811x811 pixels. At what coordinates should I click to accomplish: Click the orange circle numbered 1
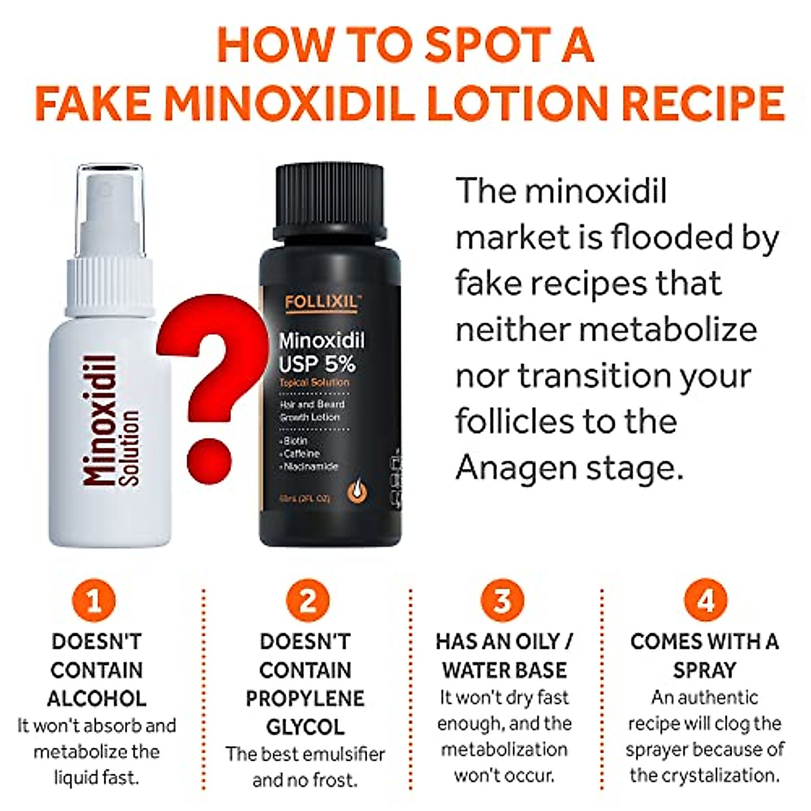[x=93, y=600]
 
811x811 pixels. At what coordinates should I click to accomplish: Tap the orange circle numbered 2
[x=307, y=600]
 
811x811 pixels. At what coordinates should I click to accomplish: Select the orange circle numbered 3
[x=501, y=600]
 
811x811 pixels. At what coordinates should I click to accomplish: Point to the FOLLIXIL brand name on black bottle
[x=321, y=302]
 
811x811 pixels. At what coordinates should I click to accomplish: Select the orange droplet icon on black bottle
[x=357, y=491]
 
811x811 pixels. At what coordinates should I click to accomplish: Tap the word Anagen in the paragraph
[x=514, y=468]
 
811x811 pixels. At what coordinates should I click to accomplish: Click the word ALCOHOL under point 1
[x=97, y=698]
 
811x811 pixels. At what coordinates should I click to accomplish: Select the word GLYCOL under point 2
[x=305, y=727]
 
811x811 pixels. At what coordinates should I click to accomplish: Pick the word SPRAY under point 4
[x=704, y=670]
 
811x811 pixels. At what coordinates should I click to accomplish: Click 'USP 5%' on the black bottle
[x=317, y=364]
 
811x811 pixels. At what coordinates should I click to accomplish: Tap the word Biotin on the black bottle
[x=295, y=441]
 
